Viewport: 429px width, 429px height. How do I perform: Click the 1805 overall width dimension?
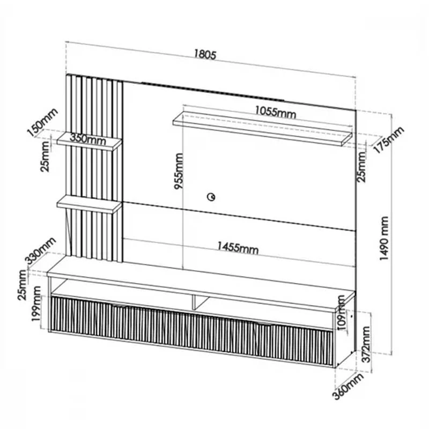click(x=205, y=54)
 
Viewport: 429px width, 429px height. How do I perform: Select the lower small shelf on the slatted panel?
click(x=90, y=204)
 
